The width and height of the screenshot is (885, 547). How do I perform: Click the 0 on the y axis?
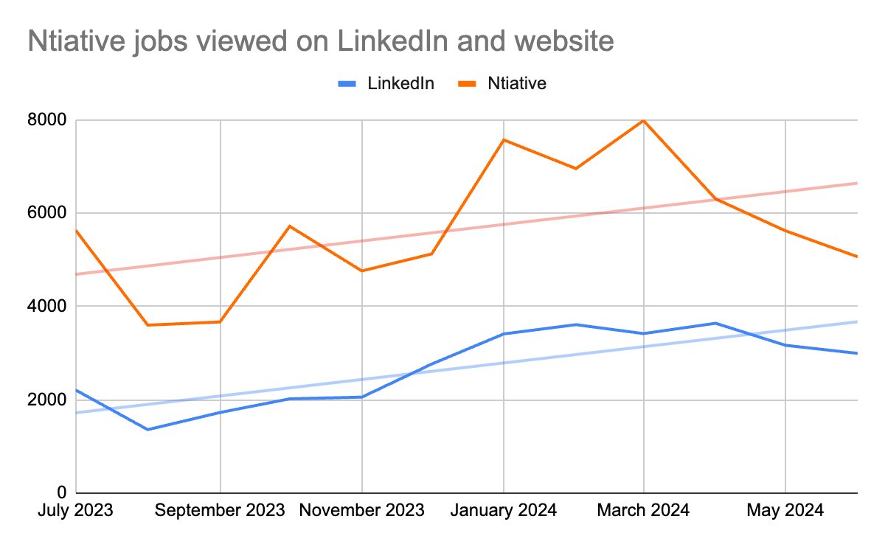click(62, 492)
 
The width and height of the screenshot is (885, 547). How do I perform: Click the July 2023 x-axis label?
click(76, 511)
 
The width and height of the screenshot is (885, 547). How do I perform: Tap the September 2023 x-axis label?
click(221, 511)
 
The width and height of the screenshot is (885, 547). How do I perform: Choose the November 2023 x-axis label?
click(362, 511)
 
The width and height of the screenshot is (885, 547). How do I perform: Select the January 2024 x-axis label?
click(504, 511)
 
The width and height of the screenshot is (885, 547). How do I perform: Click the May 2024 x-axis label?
click(785, 511)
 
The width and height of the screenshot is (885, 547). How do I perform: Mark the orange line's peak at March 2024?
click(645, 120)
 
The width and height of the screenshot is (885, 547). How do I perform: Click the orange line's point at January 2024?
click(504, 139)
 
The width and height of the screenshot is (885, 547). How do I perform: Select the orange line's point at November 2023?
click(362, 271)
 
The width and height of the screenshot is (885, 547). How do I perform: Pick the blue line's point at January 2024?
click(504, 334)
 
